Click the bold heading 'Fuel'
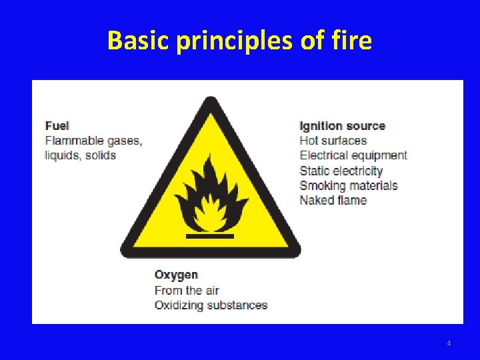[x=57, y=125]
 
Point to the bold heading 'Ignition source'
[x=342, y=126]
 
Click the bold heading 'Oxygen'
[x=176, y=275]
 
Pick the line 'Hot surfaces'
[x=333, y=141]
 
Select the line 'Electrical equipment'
[x=353, y=155]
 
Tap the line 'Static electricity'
[x=341, y=171]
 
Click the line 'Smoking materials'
[x=348, y=185]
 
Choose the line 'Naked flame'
[x=333, y=200]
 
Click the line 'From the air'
[x=186, y=290]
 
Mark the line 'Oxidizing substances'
[x=211, y=305]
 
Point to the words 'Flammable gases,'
[x=93, y=141]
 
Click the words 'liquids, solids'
[x=80, y=155]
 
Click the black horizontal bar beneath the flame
[x=210, y=236]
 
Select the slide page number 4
[x=449, y=343]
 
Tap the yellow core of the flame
[x=211, y=211]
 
